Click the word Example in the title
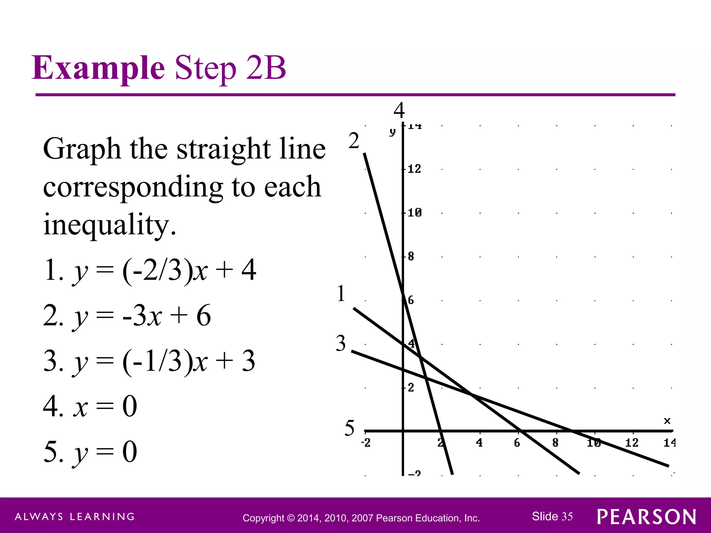98,68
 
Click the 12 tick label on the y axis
414,169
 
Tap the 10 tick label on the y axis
414,212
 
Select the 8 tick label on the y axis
411,256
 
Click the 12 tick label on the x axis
632,442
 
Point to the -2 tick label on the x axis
366,442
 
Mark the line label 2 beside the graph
354,141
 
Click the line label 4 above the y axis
399,111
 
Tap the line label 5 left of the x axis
350,428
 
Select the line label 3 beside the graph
341,344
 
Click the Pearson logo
647,517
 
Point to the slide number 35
567,516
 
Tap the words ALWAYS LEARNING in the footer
75,517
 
